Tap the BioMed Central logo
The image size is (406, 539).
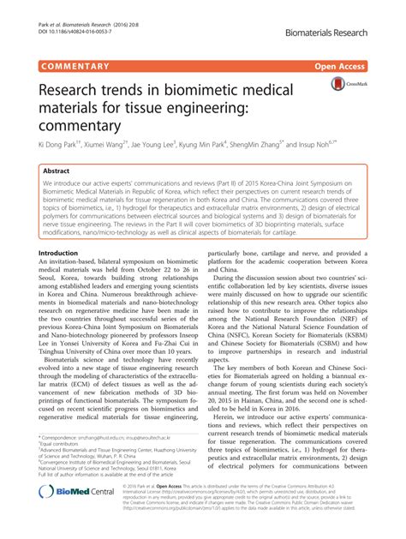pyautogui.click(x=75, y=517)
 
